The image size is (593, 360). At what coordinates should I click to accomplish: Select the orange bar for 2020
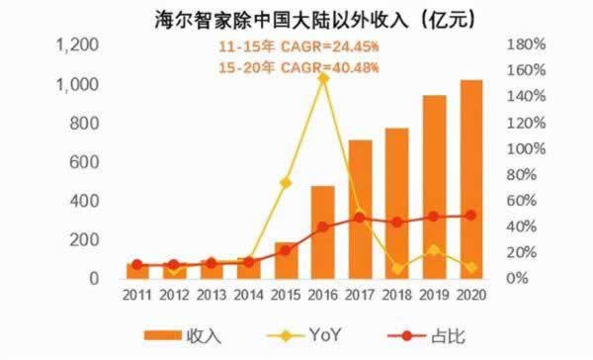471,178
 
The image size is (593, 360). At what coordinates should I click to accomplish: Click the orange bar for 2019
435,187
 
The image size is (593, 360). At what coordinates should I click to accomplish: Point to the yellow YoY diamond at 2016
323,77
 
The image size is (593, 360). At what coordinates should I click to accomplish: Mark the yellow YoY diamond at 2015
286,182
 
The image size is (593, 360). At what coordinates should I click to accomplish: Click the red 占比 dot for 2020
471,215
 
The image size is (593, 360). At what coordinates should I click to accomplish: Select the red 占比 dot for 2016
323,226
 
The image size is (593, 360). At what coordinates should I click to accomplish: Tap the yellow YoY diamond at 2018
397,268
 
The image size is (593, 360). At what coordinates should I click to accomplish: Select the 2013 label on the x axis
212,296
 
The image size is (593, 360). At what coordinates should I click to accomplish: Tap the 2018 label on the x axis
397,296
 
